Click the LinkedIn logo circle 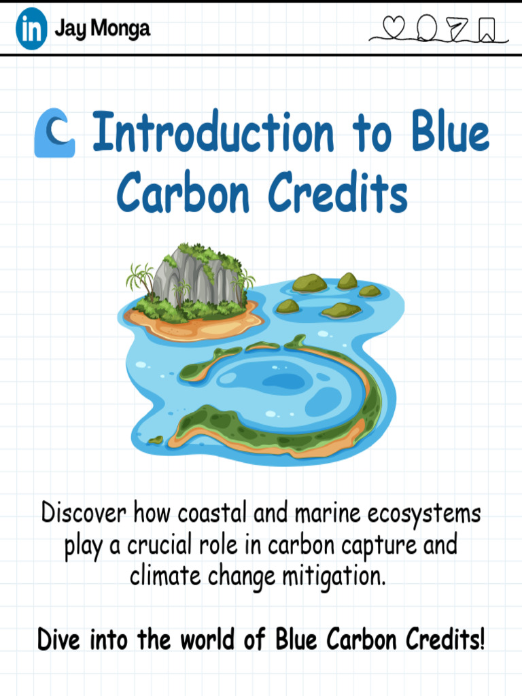[31, 29]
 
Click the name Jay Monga [102, 29]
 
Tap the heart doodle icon [394, 27]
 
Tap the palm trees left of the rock [141, 279]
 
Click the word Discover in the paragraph [84, 512]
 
